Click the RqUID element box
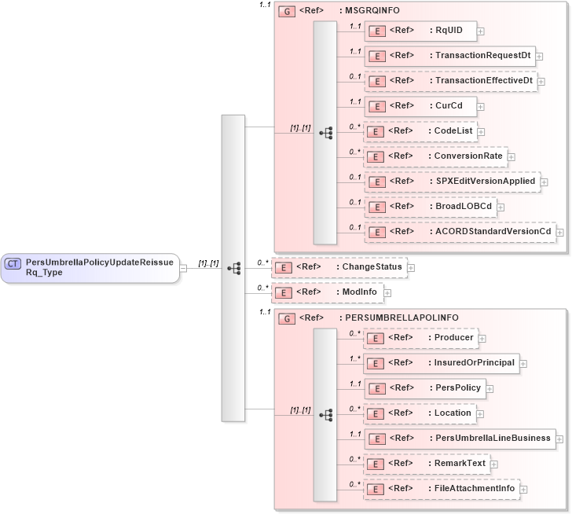tap(420, 31)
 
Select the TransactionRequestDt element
tap(449, 56)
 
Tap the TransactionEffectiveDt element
tap(450, 81)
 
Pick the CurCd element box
tap(420, 106)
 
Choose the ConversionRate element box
tap(435, 156)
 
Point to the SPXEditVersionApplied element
tap(452, 182)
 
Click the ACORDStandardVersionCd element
tap(460, 232)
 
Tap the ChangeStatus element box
tap(339, 267)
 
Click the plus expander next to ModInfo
tap(387, 292)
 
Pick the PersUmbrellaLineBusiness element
tap(460, 438)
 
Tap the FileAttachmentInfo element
tap(441, 488)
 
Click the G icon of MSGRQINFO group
tap(287, 12)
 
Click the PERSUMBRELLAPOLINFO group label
tap(398, 318)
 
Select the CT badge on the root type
tap(13, 263)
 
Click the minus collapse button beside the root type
tap(182, 267)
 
